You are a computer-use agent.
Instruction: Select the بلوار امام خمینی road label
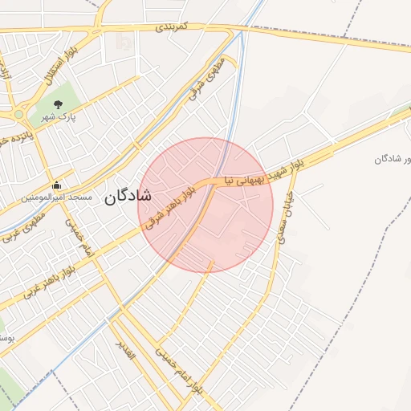(x=181, y=372)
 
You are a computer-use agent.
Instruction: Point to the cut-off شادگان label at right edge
(x=393, y=159)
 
